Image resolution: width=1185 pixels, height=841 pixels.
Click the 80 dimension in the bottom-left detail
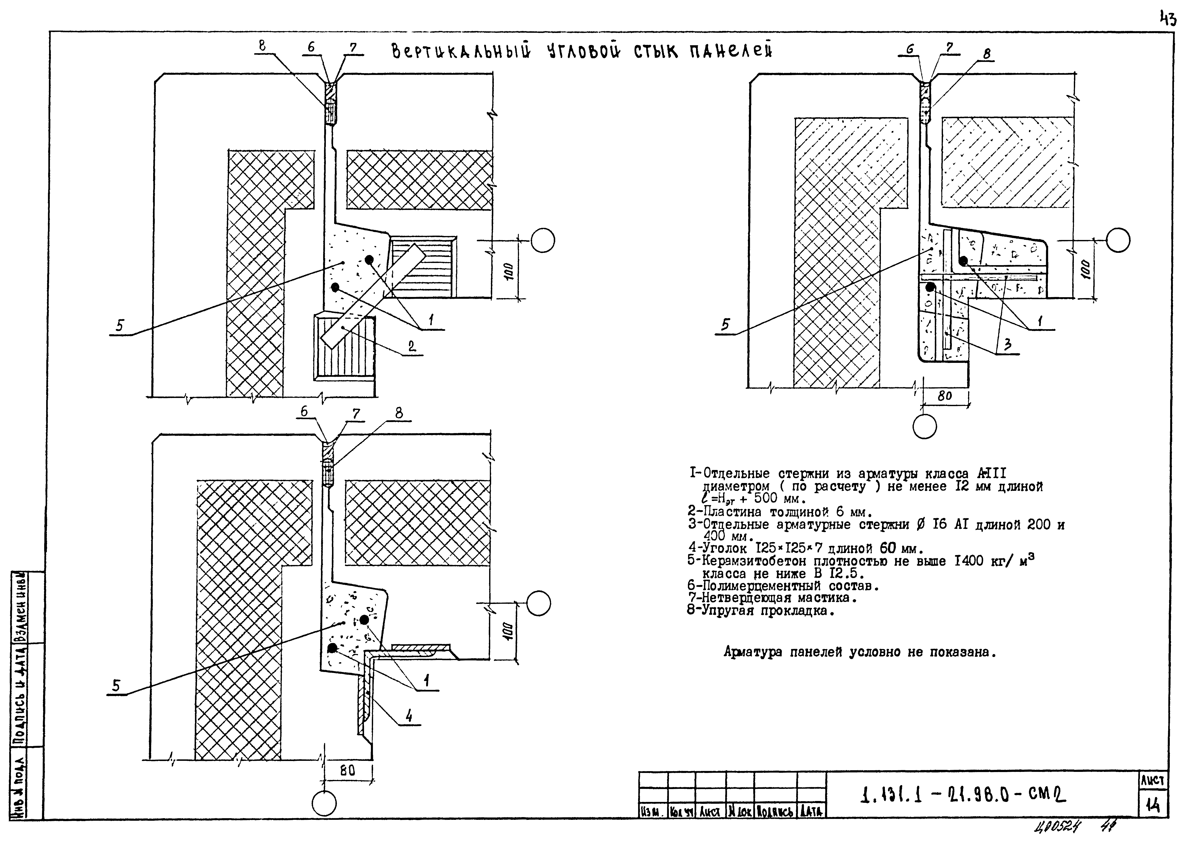pos(348,771)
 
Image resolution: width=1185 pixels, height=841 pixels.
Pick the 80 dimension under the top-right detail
pos(945,396)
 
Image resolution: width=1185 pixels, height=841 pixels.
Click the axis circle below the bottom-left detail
pos(324,804)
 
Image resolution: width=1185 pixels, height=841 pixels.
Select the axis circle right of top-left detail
pos(543,241)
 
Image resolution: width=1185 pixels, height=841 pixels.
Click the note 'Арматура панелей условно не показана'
pos(860,652)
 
